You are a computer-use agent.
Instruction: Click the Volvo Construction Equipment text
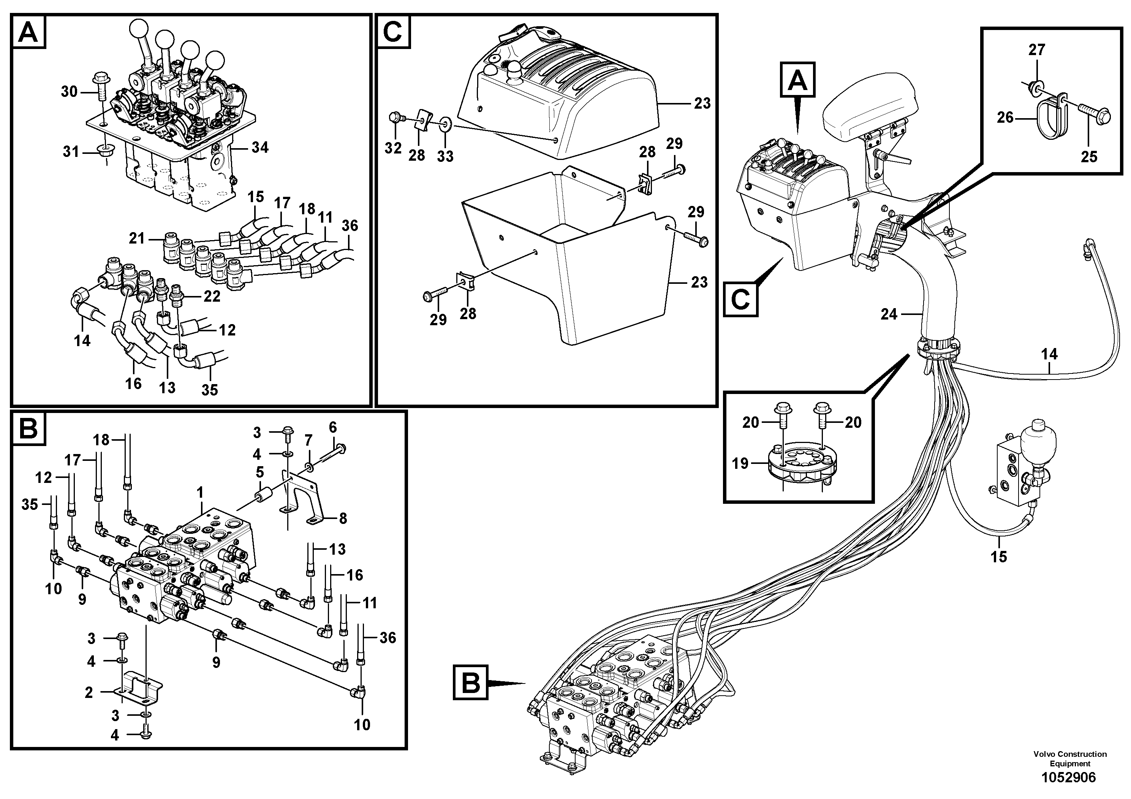tap(1070, 759)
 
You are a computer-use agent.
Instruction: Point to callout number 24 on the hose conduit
tap(889, 314)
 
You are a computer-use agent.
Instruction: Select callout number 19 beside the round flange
tap(740, 464)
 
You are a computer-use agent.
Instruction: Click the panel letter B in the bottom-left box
tap(28, 429)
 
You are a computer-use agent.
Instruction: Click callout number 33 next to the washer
tap(445, 156)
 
